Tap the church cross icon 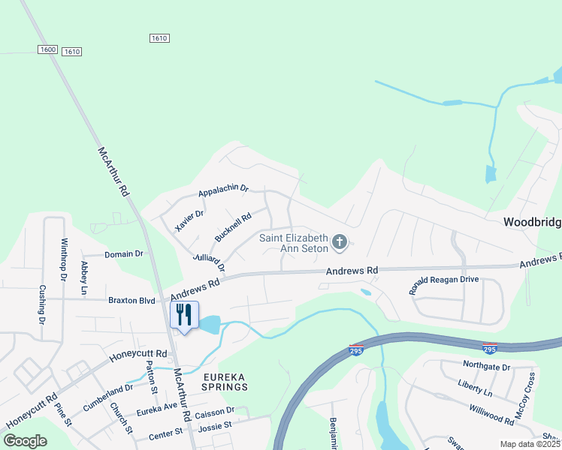340,241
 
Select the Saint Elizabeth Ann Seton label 294,243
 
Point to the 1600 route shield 47,49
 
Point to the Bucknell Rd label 232,228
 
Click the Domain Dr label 124,254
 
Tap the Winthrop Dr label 64,260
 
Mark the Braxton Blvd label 131,300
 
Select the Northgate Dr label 486,367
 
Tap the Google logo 26,440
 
